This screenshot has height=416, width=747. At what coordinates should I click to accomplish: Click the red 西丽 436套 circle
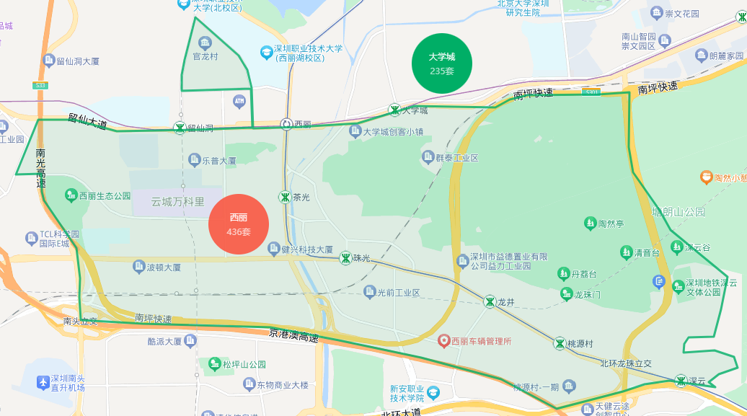239,224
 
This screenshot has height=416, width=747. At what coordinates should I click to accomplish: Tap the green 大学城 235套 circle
442,63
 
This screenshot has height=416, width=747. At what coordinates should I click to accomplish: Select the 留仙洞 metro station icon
179,128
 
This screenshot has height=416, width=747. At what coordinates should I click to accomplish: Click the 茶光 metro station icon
285,197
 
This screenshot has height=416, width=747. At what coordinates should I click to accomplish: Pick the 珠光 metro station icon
346,257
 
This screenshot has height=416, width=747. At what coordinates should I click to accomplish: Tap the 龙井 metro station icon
490,302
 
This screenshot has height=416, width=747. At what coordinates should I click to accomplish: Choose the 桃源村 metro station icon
560,343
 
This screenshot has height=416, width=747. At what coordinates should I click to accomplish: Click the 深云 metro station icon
681,380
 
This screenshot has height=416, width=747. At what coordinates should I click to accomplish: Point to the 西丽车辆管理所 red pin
444,340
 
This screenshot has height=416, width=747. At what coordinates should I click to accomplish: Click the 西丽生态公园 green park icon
71,195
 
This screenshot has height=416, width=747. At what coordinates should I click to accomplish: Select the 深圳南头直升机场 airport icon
44,380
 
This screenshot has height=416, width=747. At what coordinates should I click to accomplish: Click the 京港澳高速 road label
293,335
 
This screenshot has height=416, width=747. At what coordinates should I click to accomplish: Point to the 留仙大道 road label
88,120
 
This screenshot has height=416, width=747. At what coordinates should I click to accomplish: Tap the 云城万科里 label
177,202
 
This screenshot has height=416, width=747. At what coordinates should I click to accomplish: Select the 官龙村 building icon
205,43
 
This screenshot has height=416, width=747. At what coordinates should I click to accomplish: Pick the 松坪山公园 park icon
214,364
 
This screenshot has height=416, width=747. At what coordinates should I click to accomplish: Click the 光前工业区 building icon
371,292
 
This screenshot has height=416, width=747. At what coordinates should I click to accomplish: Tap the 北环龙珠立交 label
626,363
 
